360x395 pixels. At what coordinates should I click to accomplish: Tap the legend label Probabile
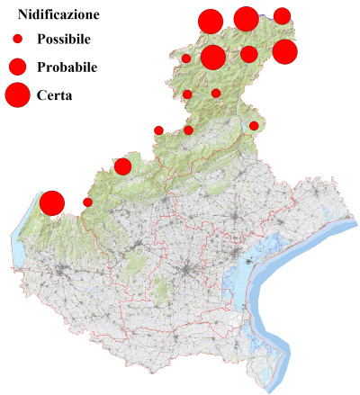[67, 67]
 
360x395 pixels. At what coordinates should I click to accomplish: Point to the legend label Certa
[55, 94]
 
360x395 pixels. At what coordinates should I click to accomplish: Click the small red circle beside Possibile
[17, 40]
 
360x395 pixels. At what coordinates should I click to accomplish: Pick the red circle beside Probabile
[17, 67]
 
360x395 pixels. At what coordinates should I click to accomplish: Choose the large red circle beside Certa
[17, 94]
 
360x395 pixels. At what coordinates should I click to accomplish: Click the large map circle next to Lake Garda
[51, 203]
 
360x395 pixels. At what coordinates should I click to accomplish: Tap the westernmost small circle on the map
[87, 202]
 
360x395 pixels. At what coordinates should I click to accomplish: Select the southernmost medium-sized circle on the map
[122, 166]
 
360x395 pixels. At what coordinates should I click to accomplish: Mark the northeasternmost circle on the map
[282, 15]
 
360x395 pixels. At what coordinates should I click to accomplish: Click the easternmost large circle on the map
[284, 52]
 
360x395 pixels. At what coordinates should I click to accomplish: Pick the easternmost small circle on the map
[254, 126]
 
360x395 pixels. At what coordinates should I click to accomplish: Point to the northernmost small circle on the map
[186, 58]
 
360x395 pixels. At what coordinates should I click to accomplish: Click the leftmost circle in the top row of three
[210, 22]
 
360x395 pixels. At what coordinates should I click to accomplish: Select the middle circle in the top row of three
[246, 18]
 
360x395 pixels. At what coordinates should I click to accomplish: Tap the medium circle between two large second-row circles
[249, 54]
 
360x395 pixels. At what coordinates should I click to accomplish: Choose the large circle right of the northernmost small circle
[213, 58]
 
